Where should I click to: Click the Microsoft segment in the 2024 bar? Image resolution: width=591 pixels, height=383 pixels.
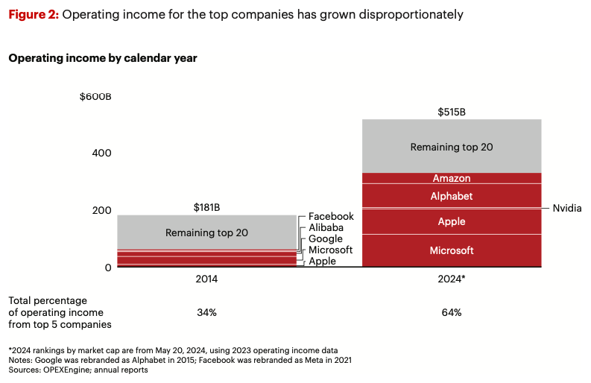pyautogui.click(x=452, y=251)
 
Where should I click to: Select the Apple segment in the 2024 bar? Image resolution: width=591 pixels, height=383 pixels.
pyautogui.click(x=452, y=221)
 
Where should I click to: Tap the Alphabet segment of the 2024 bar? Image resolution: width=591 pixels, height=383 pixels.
pyautogui.click(x=452, y=196)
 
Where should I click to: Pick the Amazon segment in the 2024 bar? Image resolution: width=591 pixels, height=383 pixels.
pyautogui.click(x=452, y=179)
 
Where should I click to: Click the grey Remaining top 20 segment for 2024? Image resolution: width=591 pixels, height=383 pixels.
pyautogui.click(x=452, y=147)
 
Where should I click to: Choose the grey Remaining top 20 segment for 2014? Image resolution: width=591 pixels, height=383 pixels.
pyautogui.click(x=206, y=232)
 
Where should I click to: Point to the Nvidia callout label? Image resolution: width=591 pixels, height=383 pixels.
pyautogui.click(x=567, y=208)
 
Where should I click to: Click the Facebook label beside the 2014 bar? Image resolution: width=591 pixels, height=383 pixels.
pyautogui.click(x=331, y=216)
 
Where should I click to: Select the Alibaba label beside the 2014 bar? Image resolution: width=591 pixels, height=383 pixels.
pyautogui.click(x=326, y=227)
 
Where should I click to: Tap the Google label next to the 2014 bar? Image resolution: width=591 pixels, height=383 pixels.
pyautogui.click(x=326, y=238)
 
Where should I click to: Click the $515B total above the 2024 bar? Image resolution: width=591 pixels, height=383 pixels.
pyautogui.click(x=452, y=112)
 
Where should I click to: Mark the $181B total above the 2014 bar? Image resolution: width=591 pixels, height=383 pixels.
pyautogui.click(x=206, y=208)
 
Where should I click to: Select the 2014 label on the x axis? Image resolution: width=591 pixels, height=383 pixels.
pyautogui.click(x=206, y=279)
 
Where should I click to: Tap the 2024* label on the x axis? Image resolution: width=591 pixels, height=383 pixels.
pyautogui.click(x=452, y=279)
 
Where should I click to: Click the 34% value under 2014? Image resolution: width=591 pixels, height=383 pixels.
pyautogui.click(x=206, y=312)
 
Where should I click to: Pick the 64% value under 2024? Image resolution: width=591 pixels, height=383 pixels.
pyautogui.click(x=452, y=312)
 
